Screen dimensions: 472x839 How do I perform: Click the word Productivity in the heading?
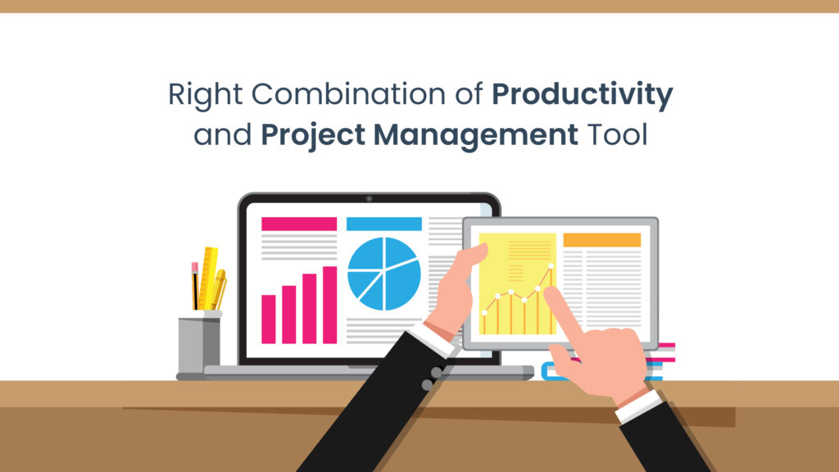pos(582,96)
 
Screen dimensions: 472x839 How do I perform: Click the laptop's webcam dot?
pos(369,198)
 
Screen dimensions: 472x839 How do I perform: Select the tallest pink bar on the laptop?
pos(329,305)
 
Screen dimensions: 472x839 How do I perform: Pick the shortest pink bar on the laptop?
pos(269,319)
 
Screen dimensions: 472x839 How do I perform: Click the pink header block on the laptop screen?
pos(298,224)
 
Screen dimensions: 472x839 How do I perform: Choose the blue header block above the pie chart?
pos(383,224)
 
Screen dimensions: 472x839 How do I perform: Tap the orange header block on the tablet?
pos(601,239)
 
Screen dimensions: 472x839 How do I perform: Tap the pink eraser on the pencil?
pos(195,267)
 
